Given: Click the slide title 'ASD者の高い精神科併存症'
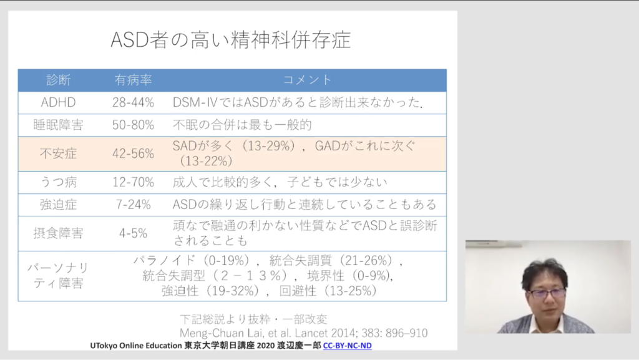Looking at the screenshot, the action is (x=231, y=40).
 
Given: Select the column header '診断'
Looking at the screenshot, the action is (x=58, y=80).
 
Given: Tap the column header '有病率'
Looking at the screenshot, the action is (x=134, y=80).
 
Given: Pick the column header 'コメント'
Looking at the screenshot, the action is (x=307, y=80).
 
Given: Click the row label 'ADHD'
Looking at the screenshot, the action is (x=58, y=102).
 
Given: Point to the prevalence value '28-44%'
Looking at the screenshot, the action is (x=134, y=102).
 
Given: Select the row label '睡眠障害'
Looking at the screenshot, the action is (x=58, y=125).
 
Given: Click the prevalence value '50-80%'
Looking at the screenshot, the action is (x=134, y=125).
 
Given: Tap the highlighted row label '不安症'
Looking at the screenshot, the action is (x=58, y=153).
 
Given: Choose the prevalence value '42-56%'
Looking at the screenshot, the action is (x=134, y=153).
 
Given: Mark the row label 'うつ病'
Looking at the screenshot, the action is (x=58, y=182).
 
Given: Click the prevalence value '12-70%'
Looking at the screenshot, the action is (x=134, y=182).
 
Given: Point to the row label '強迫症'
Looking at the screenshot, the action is (x=58, y=205).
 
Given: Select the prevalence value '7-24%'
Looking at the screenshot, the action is (x=134, y=205).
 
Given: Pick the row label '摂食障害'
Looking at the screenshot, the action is (x=58, y=233).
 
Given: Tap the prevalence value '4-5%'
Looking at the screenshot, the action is (x=134, y=233).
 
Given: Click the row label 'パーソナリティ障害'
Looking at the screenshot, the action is (x=58, y=276).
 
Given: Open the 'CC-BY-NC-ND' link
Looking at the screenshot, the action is (x=347, y=346).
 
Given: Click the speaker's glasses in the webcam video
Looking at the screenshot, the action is (x=547, y=293).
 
